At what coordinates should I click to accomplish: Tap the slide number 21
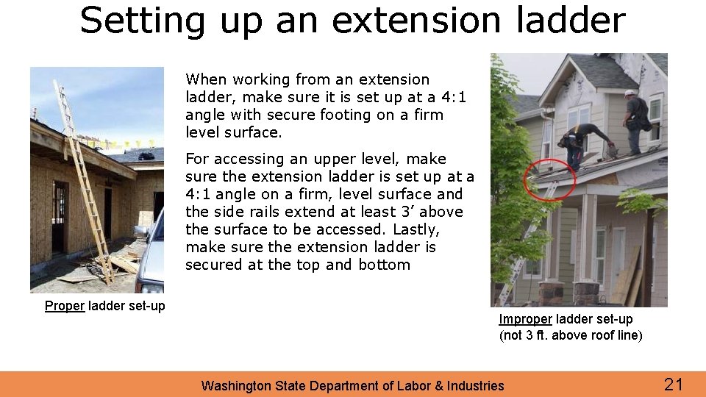click(674, 384)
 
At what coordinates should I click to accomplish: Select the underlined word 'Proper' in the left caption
click(64, 306)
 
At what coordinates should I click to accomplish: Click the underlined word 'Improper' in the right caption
click(526, 319)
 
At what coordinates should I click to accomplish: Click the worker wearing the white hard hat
click(636, 113)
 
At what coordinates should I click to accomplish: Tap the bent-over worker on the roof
click(583, 143)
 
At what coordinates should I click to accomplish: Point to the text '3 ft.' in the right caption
click(535, 335)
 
